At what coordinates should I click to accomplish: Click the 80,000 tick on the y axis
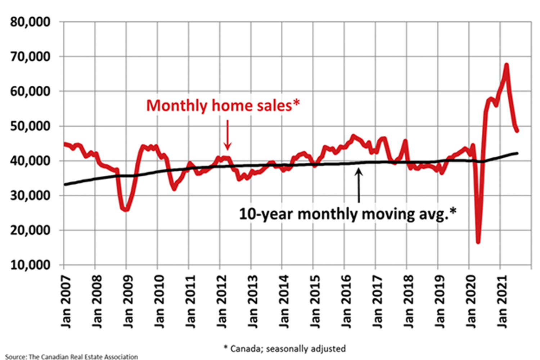(30, 22)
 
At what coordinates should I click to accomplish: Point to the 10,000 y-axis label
(30, 265)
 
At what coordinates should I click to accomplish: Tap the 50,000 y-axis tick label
(30, 126)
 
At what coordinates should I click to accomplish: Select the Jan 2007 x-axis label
(66, 302)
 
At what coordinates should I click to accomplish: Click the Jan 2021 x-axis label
(502, 302)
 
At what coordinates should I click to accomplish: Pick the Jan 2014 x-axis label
(284, 302)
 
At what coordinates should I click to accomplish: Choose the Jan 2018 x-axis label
(409, 302)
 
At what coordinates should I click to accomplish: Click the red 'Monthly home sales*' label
(223, 105)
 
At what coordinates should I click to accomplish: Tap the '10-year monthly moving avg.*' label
(347, 213)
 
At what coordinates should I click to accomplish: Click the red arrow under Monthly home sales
(228, 135)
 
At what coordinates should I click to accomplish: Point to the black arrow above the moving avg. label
(359, 185)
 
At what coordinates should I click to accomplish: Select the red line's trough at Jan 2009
(126, 210)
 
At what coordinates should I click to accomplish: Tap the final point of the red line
(517, 131)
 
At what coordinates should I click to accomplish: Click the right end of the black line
(517, 153)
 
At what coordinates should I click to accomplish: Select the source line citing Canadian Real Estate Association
(71, 357)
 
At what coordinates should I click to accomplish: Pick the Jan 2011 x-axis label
(191, 302)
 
